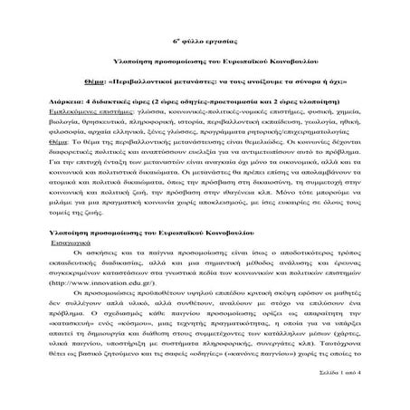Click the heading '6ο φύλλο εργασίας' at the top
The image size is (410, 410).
click(204, 42)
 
